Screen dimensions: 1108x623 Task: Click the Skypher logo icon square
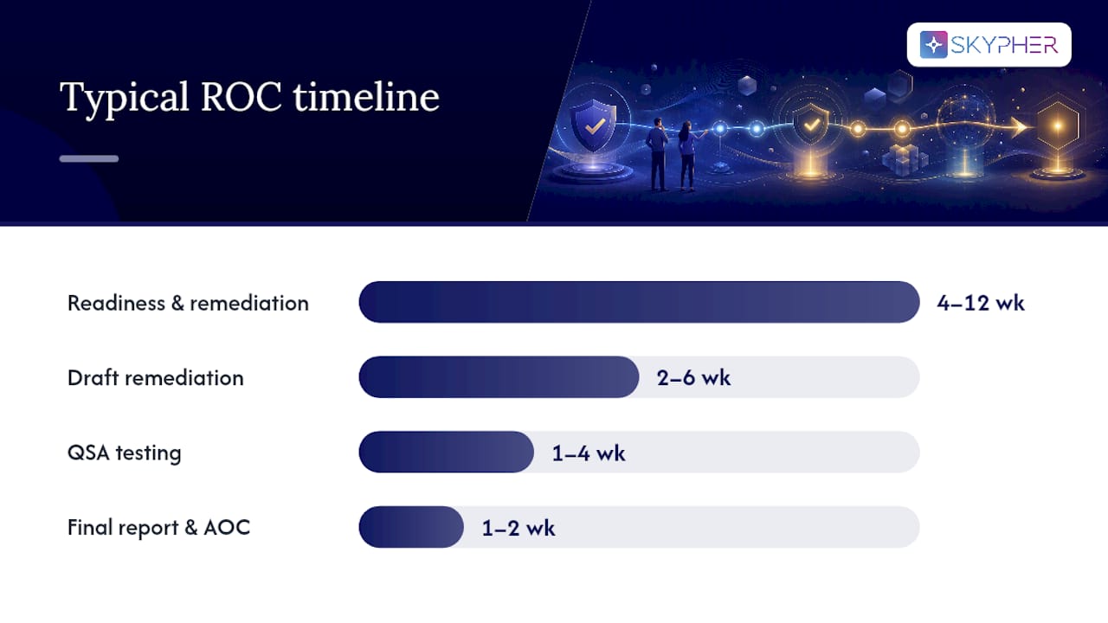(933, 44)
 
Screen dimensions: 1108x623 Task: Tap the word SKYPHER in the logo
(1004, 45)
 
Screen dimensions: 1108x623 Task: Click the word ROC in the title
(241, 96)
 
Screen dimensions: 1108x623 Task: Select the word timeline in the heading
(366, 96)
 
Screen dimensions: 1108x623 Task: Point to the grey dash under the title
(89, 158)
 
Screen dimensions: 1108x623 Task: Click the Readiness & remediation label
(188, 303)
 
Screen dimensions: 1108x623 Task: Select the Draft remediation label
(155, 378)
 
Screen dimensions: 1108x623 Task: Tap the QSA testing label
(124, 453)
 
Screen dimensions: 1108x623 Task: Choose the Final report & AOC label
(158, 528)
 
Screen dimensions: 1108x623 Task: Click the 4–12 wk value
(981, 303)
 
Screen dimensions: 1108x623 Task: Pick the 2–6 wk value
(693, 378)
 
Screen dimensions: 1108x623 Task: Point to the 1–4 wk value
(589, 453)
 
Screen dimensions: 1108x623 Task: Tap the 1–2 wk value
(519, 528)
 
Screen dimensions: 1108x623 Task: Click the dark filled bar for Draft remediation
(499, 376)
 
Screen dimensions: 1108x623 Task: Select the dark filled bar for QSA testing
(446, 452)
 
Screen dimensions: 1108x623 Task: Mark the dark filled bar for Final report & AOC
(411, 527)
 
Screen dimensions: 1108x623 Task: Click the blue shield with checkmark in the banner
(594, 125)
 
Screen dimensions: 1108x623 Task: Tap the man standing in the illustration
(658, 154)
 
